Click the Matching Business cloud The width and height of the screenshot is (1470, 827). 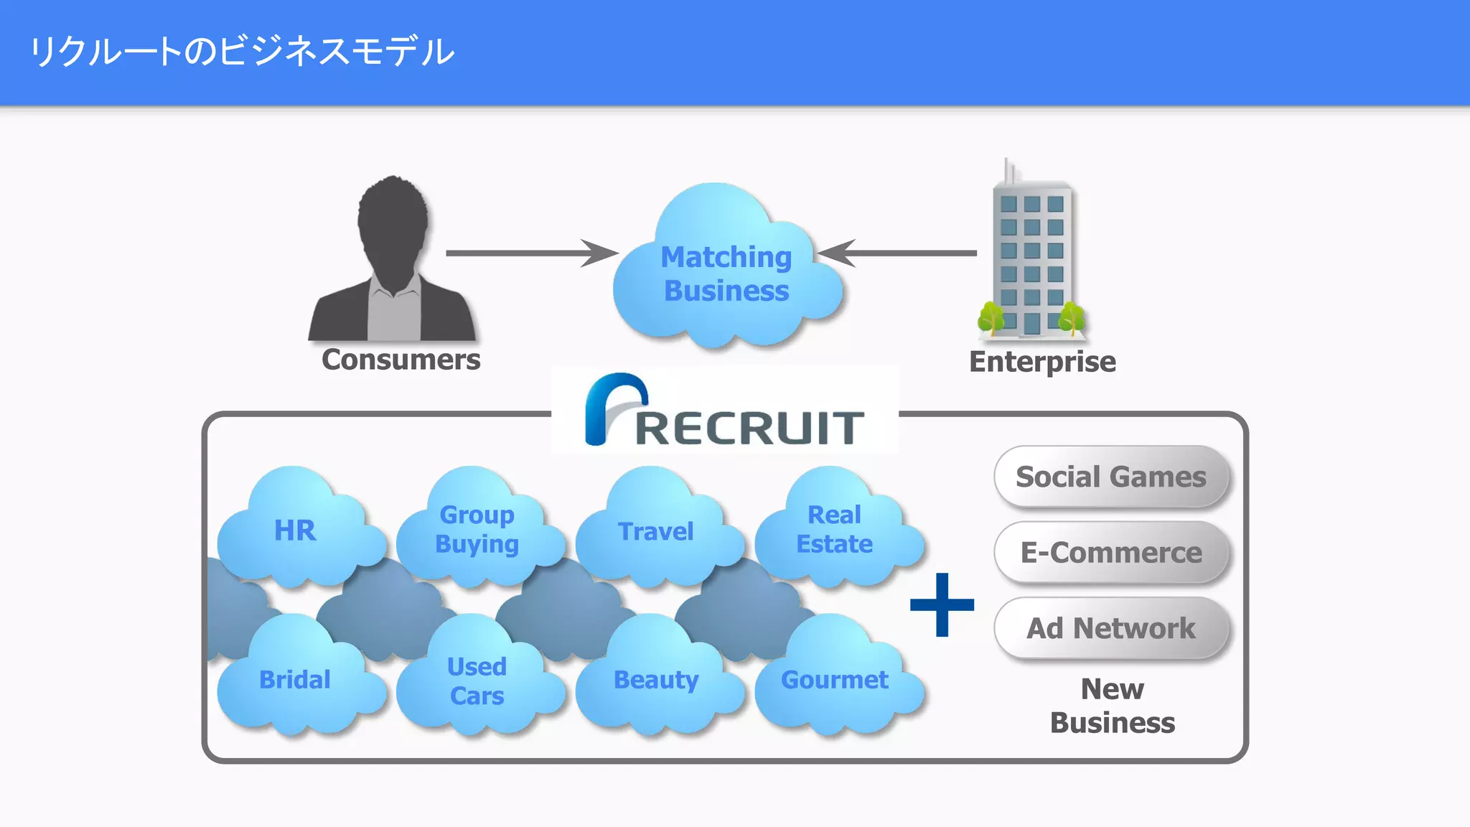[726, 273]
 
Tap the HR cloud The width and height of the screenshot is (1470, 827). [295, 531]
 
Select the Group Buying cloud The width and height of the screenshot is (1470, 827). [477, 529]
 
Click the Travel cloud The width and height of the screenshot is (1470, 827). [655, 531]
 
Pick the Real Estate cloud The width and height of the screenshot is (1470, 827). [834, 529]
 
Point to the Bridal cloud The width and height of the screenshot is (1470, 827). [295, 679]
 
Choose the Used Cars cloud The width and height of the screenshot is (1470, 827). [477, 681]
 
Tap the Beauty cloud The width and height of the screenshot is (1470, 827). [655, 679]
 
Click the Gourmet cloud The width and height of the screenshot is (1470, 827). [834, 679]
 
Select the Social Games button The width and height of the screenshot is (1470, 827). [1111, 477]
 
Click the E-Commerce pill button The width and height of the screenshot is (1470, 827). [1111, 552]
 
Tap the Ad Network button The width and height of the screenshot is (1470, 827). [1111, 628]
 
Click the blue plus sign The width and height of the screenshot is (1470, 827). [942, 604]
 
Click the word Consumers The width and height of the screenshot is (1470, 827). [401, 360]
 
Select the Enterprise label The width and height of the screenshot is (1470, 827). [1042, 362]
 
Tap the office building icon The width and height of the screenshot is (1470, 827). [1032, 258]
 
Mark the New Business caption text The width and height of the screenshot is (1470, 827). [1113, 706]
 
